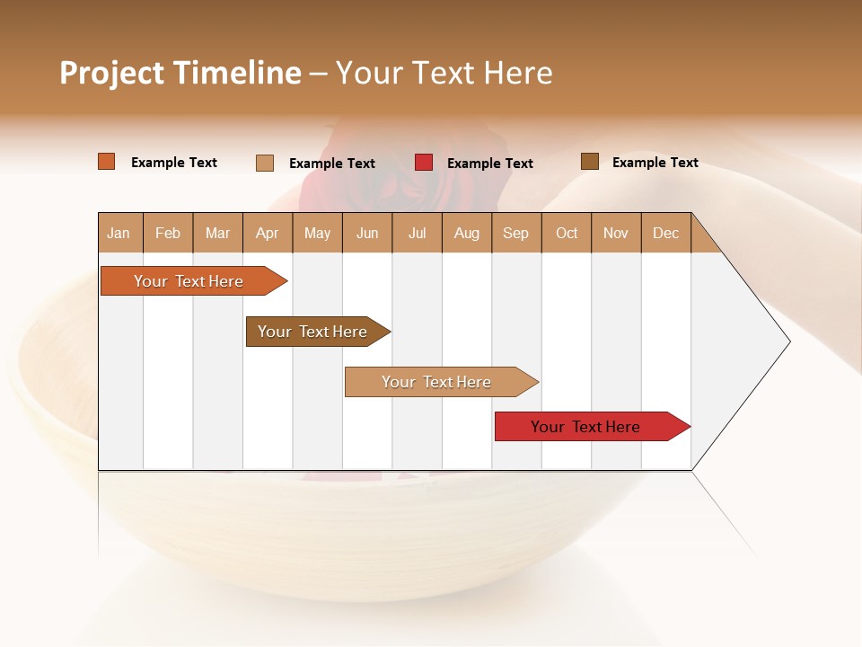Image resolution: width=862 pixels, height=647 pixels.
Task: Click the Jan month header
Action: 119,233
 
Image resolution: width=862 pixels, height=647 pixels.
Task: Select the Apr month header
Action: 268,233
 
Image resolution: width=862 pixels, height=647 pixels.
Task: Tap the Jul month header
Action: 418,233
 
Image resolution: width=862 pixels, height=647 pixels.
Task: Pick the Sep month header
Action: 515,233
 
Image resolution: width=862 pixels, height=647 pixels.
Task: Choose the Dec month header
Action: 665,233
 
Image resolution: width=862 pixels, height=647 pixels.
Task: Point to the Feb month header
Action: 168,233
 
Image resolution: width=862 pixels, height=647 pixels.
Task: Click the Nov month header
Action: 616,233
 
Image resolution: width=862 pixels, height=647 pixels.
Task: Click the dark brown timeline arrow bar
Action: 314,332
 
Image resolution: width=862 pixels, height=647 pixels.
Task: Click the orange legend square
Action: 107,162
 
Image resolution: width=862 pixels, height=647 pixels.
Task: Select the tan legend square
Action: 265,163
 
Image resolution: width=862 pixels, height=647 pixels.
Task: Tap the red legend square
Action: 424,163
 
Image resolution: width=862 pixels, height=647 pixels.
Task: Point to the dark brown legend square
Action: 589,162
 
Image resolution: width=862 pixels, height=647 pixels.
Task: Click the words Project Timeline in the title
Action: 180,73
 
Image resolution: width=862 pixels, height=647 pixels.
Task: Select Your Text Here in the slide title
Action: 444,73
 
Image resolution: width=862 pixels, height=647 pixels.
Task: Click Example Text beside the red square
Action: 489,164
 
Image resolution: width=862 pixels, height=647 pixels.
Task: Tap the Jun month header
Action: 367,233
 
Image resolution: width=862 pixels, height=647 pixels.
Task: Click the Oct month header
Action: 567,233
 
